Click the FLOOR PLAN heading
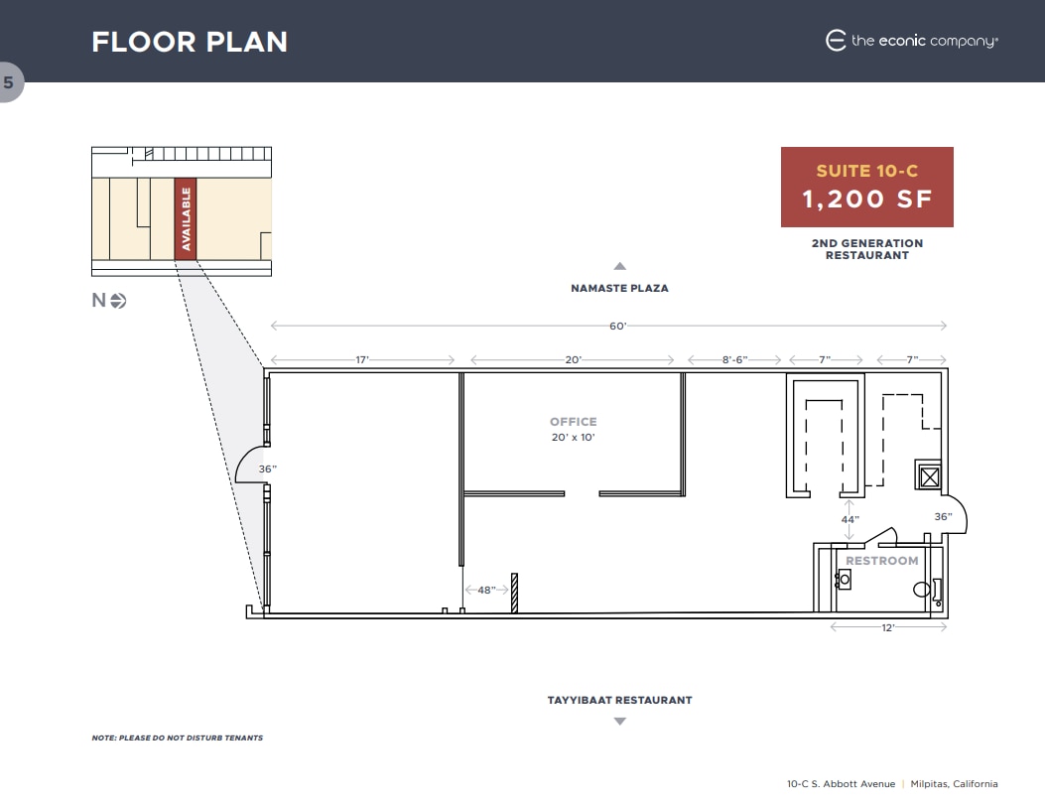190,42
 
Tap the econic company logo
911,41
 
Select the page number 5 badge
9,83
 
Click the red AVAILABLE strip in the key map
186,219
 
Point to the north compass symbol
118,301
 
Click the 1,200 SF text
867,199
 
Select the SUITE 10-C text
867,171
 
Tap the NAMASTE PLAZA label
619,288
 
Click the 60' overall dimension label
618,326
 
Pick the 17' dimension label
362,359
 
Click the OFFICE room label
574,422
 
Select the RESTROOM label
882,561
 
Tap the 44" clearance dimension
849,519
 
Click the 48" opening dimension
486,590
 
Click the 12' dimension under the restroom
888,627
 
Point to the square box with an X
929,477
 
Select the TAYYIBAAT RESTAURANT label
619,700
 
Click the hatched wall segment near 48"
515,593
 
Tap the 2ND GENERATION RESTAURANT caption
867,249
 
